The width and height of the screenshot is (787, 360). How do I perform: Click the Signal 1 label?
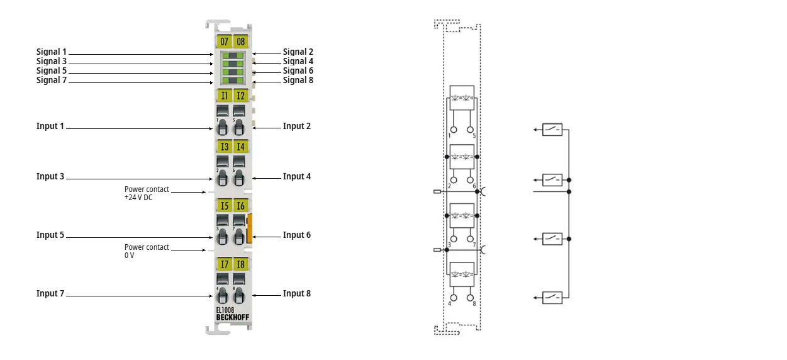coord(52,52)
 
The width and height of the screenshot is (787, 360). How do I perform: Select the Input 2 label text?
coord(297,126)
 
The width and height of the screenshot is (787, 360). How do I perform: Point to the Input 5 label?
coord(50,235)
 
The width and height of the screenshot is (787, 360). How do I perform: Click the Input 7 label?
coord(50,293)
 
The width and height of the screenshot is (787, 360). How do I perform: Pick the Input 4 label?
coord(297,176)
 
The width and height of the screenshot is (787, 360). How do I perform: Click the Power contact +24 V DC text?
coord(147,193)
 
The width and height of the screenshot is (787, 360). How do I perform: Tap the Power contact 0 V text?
coord(147,251)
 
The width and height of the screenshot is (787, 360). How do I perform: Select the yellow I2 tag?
coord(241,96)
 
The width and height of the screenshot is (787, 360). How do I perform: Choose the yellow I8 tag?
coord(241,264)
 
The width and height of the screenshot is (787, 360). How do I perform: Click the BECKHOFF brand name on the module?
coord(233,317)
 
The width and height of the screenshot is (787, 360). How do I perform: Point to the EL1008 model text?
coord(226,310)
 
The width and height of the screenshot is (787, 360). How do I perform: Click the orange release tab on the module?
coord(250,228)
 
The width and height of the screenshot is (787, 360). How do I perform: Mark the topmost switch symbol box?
coord(552,130)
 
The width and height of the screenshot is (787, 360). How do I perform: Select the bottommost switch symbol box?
coord(552,297)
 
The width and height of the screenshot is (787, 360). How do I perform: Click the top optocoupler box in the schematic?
coord(462,98)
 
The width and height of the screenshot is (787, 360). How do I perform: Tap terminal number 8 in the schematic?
coord(474,304)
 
